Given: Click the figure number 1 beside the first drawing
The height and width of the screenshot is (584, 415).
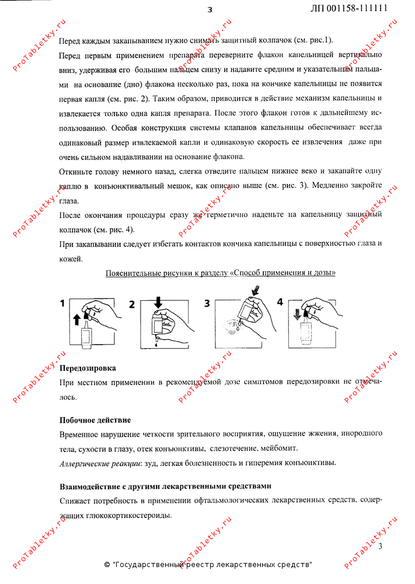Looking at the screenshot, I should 62,303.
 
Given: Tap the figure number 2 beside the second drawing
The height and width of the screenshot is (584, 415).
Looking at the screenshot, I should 132,304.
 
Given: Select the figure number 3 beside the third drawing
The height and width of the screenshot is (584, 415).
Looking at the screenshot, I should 207,303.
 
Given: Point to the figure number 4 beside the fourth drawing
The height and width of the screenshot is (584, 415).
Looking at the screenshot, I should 280,302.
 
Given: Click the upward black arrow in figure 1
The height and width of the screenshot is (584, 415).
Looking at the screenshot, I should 77,318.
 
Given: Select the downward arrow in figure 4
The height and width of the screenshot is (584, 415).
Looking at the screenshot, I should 302,316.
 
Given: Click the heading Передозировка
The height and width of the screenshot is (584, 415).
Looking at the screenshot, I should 88,369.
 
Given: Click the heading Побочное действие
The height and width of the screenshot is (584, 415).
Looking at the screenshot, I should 95,420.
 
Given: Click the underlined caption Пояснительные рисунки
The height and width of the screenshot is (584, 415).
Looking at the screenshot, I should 220,273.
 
